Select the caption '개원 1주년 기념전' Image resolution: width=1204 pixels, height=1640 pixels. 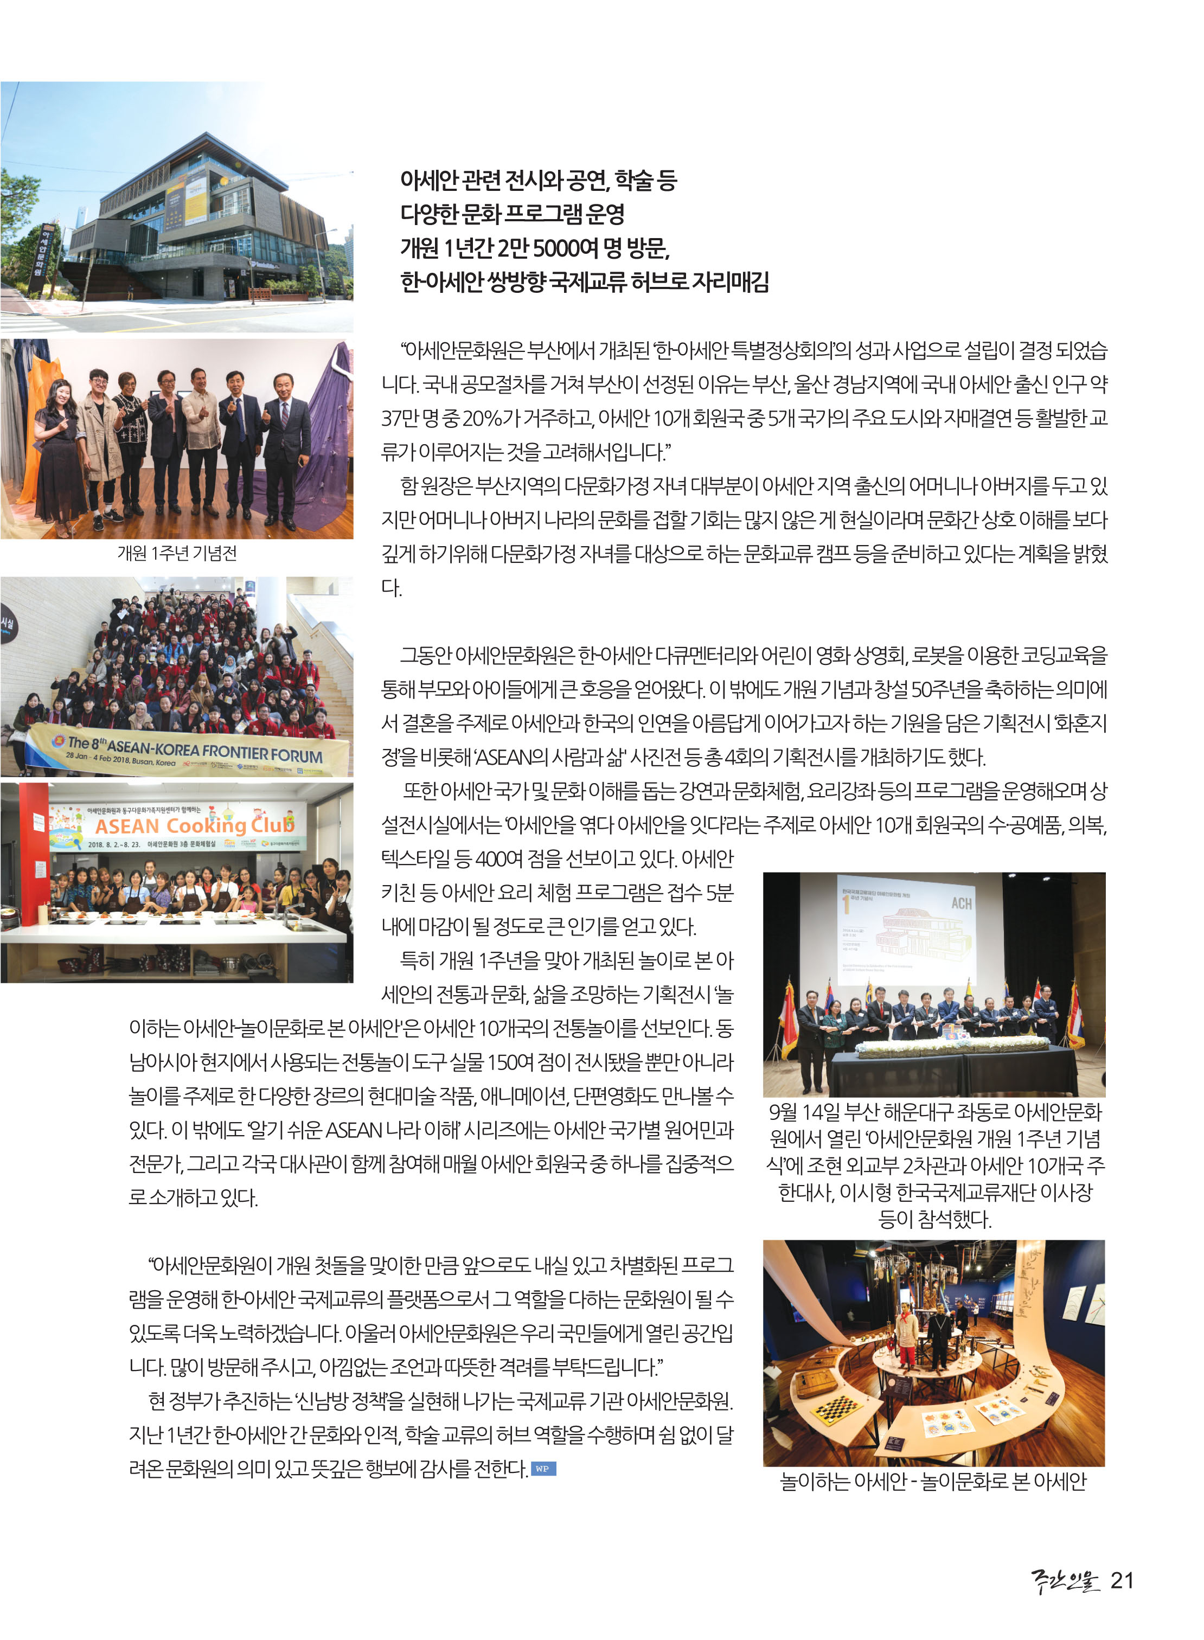pos(177,553)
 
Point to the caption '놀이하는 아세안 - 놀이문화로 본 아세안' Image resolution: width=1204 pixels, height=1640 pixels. pos(933,1481)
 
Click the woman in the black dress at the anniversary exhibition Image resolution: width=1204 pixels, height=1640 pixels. pos(61,452)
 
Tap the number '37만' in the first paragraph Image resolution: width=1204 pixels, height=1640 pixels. pos(400,418)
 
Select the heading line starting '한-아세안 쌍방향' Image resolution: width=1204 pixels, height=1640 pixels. pos(585,281)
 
